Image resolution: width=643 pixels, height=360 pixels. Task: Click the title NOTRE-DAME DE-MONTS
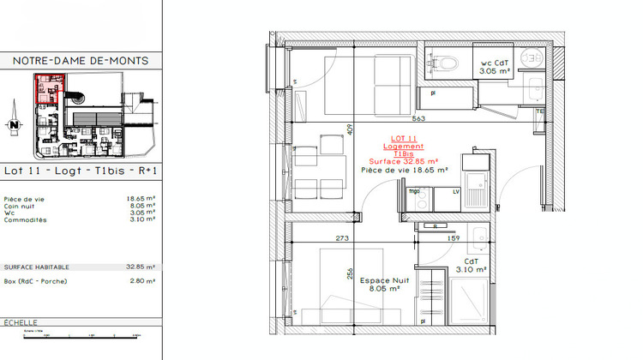tap(81, 61)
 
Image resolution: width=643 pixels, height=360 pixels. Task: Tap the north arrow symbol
tap(15, 124)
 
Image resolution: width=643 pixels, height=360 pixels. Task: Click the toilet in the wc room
tap(444, 62)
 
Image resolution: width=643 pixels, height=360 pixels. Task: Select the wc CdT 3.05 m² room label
tap(496, 68)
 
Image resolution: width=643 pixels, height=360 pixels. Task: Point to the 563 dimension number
tap(419, 119)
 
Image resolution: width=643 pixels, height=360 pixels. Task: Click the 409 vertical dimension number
tap(350, 130)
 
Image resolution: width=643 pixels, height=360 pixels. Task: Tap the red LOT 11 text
tap(403, 138)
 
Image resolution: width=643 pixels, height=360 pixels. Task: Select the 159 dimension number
tap(454, 239)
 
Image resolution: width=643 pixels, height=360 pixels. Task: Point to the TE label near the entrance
tap(540, 111)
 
